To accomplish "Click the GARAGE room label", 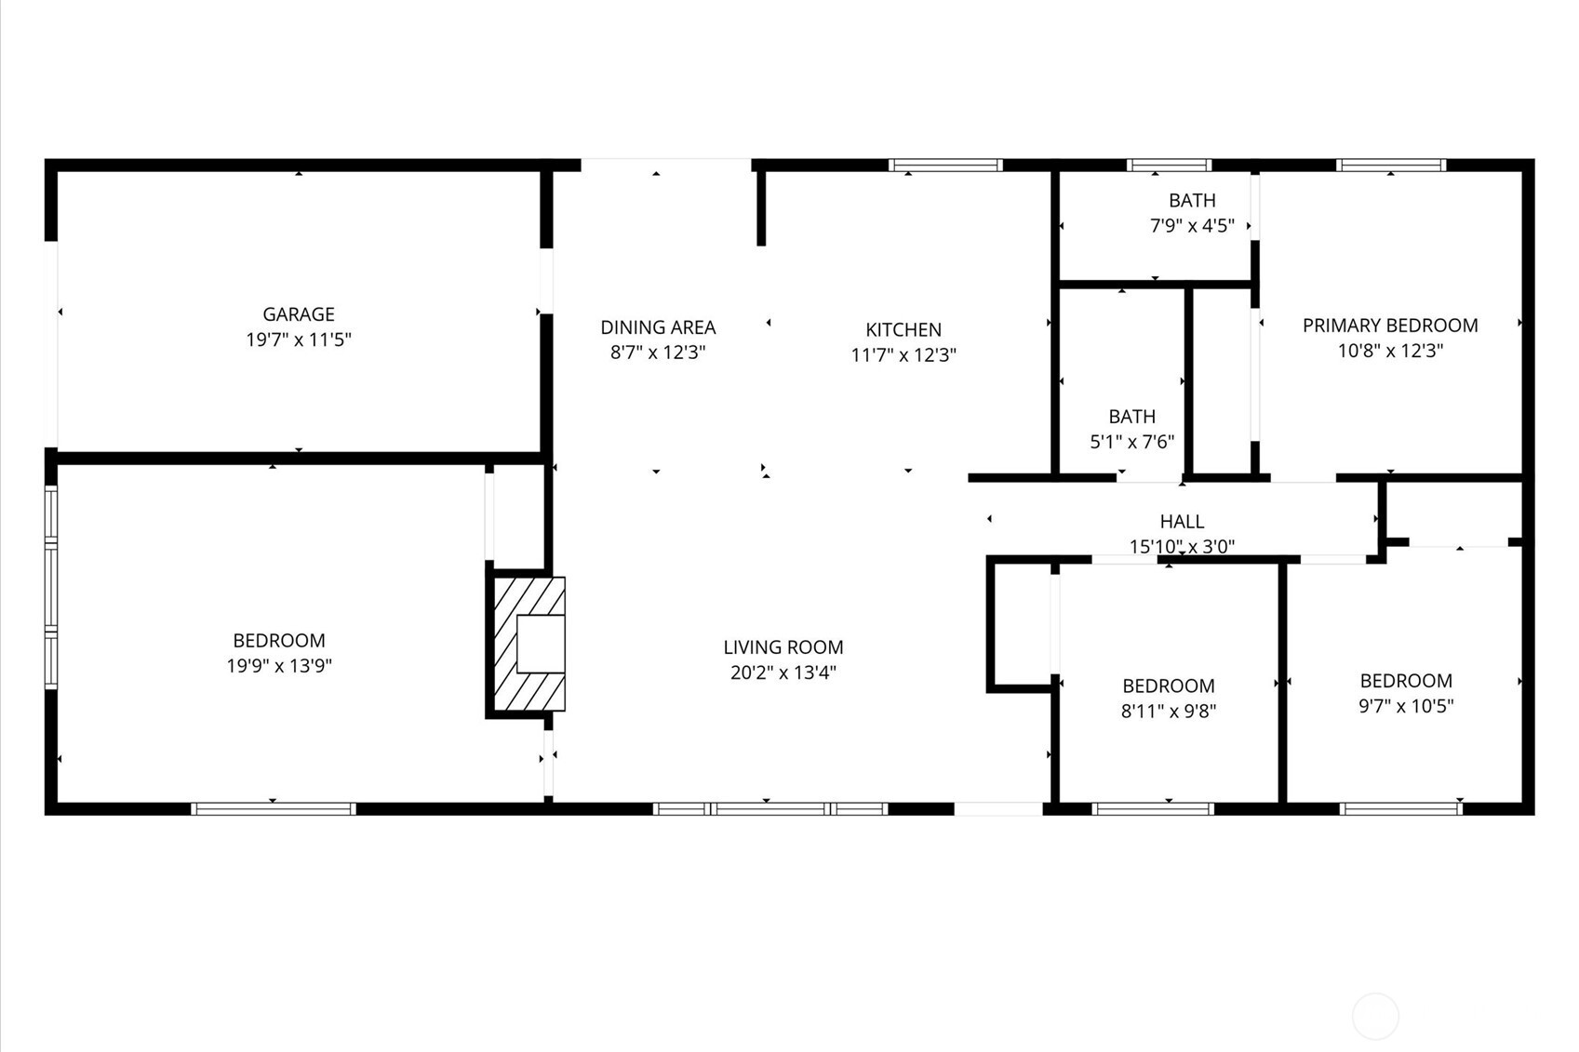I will pyautogui.click(x=298, y=314).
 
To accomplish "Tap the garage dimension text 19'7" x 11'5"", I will pyautogui.click(x=298, y=340).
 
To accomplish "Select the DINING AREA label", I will pyautogui.click(x=658, y=327).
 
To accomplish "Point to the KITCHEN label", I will pyautogui.click(x=903, y=329).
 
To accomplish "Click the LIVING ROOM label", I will pyautogui.click(x=783, y=647).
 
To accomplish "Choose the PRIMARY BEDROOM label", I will pyautogui.click(x=1390, y=326).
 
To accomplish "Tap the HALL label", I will pyautogui.click(x=1182, y=522).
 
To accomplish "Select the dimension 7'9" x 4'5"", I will pyautogui.click(x=1192, y=225).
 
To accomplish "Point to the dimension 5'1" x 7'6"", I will pyautogui.click(x=1131, y=442).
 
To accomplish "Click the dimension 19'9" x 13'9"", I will pyautogui.click(x=279, y=666).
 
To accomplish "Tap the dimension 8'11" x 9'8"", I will pyautogui.click(x=1169, y=712).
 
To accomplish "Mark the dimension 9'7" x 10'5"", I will pyautogui.click(x=1406, y=706).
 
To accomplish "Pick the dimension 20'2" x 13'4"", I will pyautogui.click(x=783, y=672).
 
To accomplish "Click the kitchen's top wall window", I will pyautogui.click(x=945, y=166).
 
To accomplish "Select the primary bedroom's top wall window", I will pyautogui.click(x=1391, y=166).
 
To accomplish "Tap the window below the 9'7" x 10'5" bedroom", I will pyautogui.click(x=1400, y=809).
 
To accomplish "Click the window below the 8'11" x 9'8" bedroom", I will pyautogui.click(x=1153, y=809).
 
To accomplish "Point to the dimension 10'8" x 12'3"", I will pyautogui.click(x=1390, y=351).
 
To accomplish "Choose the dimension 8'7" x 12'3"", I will pyautogui.click(x=658, y=353).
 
